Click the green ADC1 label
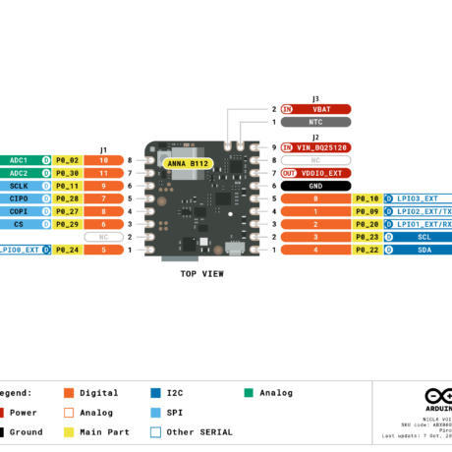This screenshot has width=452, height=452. coord(19,160)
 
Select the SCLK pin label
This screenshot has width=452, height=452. coord(19,186)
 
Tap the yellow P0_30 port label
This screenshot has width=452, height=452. coord(67,173)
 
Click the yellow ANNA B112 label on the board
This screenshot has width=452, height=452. coord(186,163)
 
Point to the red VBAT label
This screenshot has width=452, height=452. coord(320,109)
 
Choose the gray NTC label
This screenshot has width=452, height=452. coord(315,122)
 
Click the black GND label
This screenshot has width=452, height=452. coord(315,186)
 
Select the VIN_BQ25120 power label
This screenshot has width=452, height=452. coord(323,147)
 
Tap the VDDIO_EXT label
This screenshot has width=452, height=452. coord(323,173)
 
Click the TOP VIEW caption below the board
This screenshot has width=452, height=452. coord(202,274)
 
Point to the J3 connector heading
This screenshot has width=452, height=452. coord(315,98)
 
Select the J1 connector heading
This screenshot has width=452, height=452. coord(103,150)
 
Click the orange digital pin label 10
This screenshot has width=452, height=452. coord(103,160)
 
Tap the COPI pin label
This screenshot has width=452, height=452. coord(19,211)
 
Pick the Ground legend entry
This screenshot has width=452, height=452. coord(26,431)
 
